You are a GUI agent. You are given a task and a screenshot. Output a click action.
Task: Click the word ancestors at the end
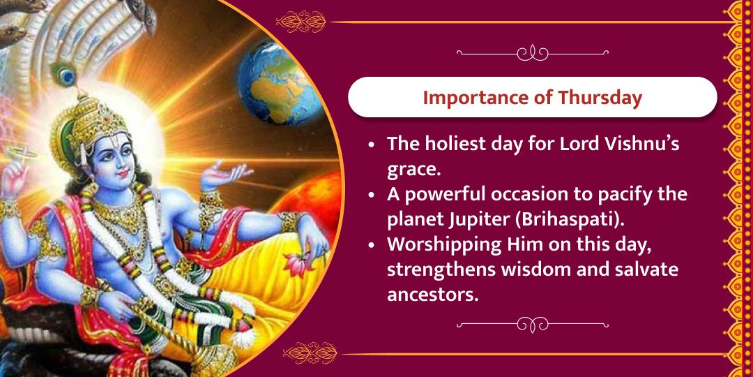[432, 294]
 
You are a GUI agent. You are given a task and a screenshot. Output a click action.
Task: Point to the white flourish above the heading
[533, 53]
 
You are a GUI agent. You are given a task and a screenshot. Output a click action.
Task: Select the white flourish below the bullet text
[533, 324]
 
